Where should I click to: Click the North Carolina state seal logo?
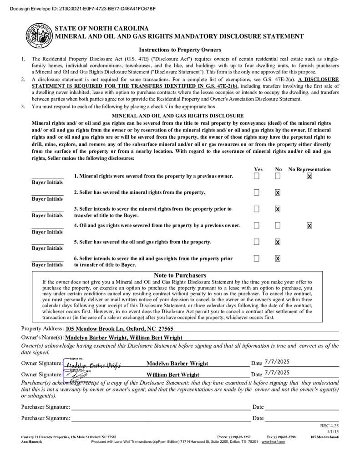point(39,35)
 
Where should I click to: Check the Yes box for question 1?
point(257,176)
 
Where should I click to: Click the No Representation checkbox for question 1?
point(309,176)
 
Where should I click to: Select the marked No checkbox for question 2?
point(278,192)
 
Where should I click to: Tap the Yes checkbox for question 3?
point(257,209)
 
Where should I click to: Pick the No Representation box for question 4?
point(309,225)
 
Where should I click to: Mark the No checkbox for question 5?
point(278,242)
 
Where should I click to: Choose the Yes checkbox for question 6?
point(257,258)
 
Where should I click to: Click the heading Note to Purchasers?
point(180,275)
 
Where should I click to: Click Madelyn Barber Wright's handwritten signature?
point(93,365)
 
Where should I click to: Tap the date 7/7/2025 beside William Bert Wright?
point(277,372)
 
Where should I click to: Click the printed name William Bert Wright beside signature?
point(172,375)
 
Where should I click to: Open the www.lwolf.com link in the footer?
point(273,441)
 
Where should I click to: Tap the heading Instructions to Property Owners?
point(180,50)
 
